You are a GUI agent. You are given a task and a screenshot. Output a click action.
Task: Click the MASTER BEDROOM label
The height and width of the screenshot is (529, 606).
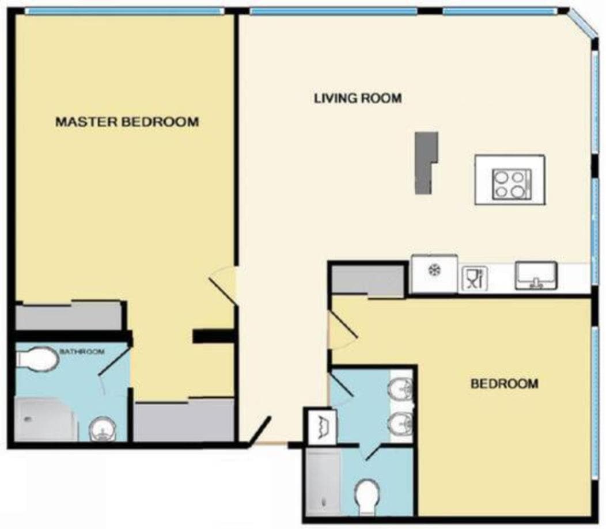click(127, 121)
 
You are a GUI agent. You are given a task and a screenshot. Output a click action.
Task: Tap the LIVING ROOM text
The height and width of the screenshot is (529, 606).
click(358, 98)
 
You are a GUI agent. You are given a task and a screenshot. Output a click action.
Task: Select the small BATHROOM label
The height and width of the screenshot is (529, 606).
click(82, 351)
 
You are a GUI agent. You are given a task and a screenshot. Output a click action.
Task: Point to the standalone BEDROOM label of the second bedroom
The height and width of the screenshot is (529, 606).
click(505, 383)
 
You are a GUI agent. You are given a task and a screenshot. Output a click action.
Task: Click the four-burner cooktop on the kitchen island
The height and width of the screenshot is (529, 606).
click(512, 185)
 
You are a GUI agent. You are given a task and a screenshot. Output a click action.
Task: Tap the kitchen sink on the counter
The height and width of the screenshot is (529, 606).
click(536, 275)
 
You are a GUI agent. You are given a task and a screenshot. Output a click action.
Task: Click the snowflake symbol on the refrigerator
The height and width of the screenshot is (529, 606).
click(435, 269)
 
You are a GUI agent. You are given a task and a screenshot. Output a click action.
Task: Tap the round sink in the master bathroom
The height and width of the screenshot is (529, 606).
click(102, 429)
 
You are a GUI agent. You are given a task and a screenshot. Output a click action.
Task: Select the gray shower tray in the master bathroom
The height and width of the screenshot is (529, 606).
click(46, 420)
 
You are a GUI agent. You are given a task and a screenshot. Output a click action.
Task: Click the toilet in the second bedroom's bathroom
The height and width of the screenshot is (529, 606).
click(367, 497)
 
